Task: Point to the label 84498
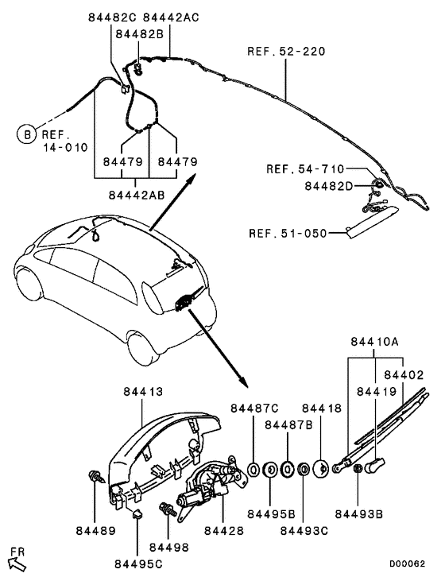168,548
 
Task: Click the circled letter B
26,136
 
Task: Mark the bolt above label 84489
94,479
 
